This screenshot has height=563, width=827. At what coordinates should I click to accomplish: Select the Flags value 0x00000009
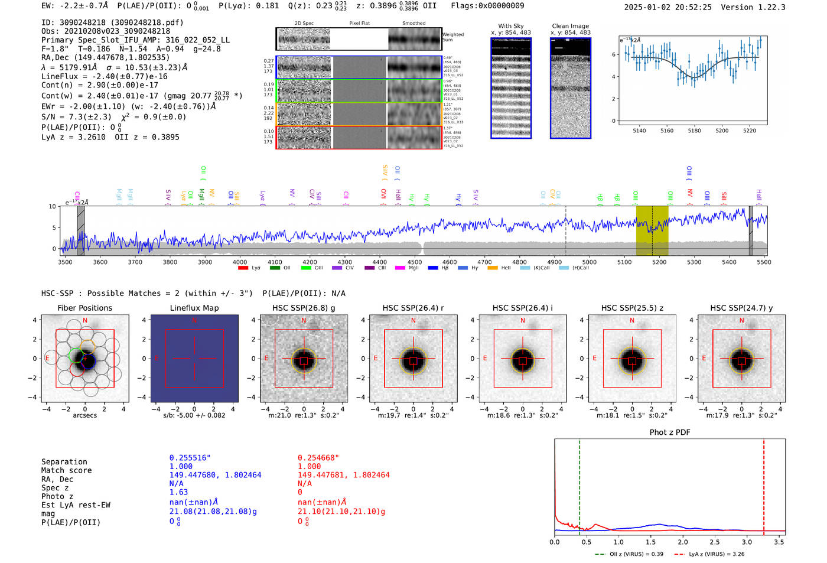487,6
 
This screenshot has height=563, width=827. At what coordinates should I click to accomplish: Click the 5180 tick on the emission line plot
694,131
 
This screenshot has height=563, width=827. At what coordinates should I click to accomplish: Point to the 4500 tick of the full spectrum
415,262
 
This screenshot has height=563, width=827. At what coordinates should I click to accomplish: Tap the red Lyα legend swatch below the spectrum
243,268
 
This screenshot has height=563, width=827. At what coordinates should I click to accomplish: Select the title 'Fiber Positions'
84,308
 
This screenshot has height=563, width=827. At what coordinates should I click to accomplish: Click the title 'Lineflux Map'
194,308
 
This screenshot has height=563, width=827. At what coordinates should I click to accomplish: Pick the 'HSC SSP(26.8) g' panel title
304,308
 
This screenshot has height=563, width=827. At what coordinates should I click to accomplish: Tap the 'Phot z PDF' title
670,432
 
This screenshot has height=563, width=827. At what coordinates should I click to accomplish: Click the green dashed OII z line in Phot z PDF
579,484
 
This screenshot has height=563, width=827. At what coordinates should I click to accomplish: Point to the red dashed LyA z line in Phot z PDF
764,484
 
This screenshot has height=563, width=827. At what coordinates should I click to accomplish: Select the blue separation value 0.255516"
190,458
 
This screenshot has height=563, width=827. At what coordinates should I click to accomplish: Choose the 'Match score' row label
66,471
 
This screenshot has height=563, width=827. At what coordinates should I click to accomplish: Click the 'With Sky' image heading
510,26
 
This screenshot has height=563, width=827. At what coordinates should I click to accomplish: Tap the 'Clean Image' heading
570,26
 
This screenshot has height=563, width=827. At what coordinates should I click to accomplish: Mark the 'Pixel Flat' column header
359,23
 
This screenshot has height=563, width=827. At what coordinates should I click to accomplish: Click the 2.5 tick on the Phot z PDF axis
715,542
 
